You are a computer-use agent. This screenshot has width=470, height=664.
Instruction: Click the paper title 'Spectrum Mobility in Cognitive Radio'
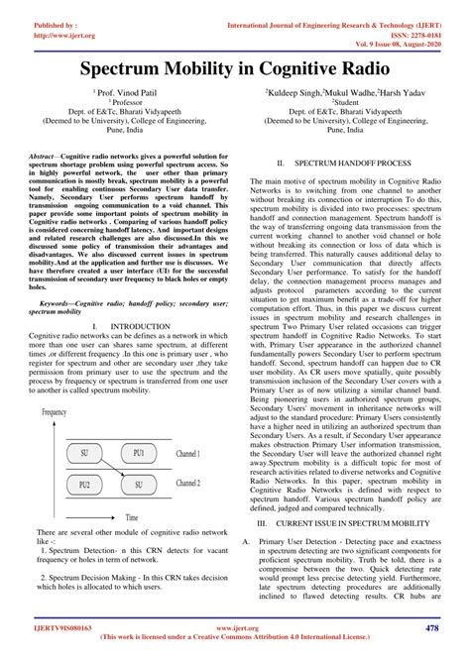235,71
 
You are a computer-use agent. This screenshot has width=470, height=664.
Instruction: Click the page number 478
432,627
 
